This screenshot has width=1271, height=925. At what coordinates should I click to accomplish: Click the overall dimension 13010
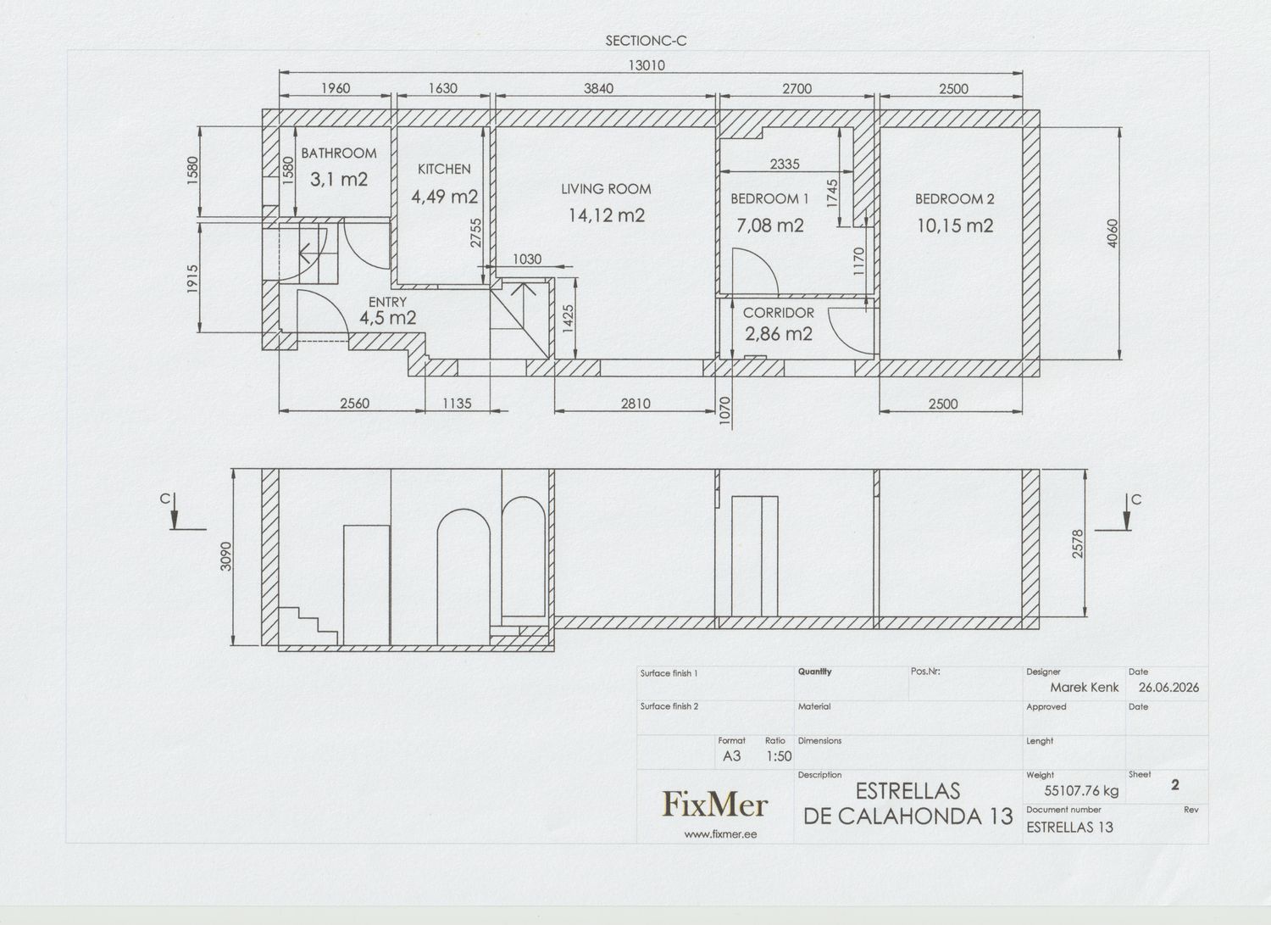pyautogui.click(x=647, y=65)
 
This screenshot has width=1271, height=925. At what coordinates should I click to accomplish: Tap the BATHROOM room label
pyautogui.click(x=339, y=153)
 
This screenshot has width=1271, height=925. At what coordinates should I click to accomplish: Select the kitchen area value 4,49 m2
pyautogui.click(x=444, y=197)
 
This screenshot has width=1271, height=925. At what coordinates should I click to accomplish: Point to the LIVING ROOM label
pyautogui.click(x=606, y=189)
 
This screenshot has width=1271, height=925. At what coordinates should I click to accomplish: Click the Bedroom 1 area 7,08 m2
pyautogui.click(x=770, y=226)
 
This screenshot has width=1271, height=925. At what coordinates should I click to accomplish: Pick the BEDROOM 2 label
pyautogui.click(x=954, y=198)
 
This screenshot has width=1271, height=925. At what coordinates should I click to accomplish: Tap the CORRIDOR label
pyautogui.click(x=779, y=312)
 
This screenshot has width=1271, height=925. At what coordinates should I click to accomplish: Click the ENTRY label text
pyautogui.click(x=387, y=302)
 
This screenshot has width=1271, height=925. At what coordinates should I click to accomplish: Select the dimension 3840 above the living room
pyautogui.click(x=598, y=88)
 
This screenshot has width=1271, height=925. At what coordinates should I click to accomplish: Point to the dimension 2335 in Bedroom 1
pyautogui.click(x=785, y=164)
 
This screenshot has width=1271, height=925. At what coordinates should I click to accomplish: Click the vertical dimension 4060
pyautogui.click(x=1112, y=233)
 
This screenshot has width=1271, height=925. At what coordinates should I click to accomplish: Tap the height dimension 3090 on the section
pyautogui.click(x=226, y=556)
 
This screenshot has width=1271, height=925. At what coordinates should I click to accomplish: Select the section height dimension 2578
pyautogui.click(x=1078, y=543)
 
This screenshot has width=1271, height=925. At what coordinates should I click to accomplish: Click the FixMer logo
pyautogui.click(x=715, y=804)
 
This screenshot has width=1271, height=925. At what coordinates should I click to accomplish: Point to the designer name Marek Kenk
pyautogui.click(x=1085, y=687)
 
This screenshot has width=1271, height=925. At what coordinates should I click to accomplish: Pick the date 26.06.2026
pyautogui.click(x=1168, y=687)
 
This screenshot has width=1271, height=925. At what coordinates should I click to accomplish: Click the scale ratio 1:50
pyautogui.click(x=779, y=756)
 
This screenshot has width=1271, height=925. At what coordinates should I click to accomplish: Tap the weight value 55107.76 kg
pyautogui.click(x=1081, y=790)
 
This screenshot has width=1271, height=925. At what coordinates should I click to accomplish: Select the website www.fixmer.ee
pyautogui.click(x=720, y=834)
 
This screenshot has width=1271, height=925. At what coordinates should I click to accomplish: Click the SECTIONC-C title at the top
pyautogui.click(x=647, y=41)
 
